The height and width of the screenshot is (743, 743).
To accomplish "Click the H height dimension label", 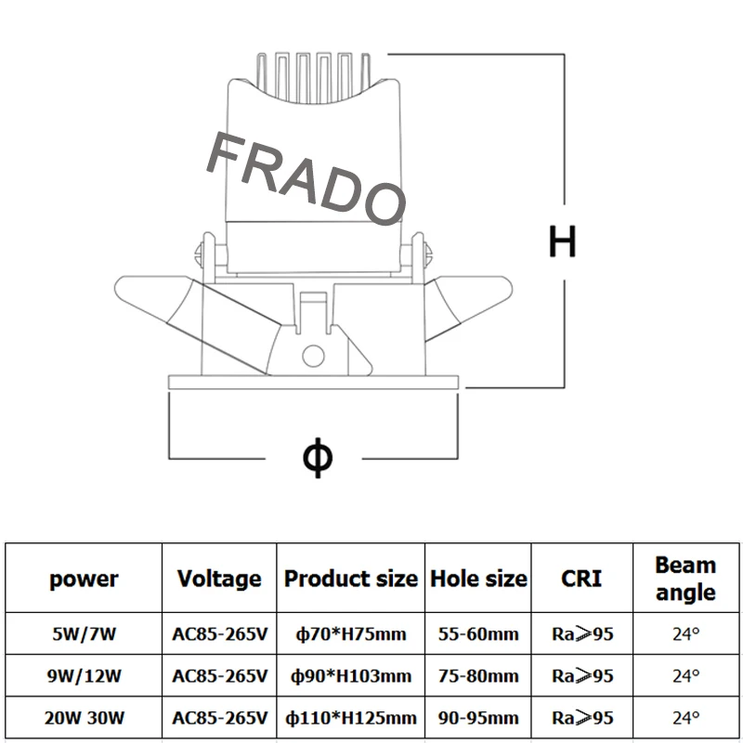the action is pos(562,241).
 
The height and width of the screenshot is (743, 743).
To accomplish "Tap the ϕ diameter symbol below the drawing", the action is pos(318,457).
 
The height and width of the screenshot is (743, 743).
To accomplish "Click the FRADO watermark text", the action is pos(306,177).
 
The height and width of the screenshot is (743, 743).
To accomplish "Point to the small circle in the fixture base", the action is pos(313,356).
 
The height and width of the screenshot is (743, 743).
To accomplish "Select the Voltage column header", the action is pos(219,579).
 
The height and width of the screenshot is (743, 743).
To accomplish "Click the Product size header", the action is pos(351,579).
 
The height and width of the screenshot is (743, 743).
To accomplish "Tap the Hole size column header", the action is pos(478,579).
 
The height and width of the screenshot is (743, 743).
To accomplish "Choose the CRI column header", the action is pos(581,579).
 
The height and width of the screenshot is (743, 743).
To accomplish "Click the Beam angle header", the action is pos(685,579).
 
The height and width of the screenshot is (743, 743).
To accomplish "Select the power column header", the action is pos(84,580).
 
